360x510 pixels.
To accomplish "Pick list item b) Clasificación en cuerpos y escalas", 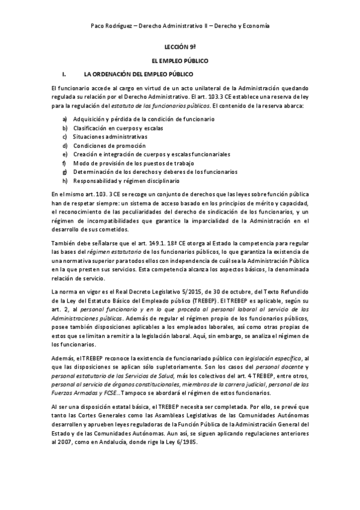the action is (118, 128).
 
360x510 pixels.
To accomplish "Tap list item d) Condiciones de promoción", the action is (109, 146).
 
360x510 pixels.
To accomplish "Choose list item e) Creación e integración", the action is (151, 154).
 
